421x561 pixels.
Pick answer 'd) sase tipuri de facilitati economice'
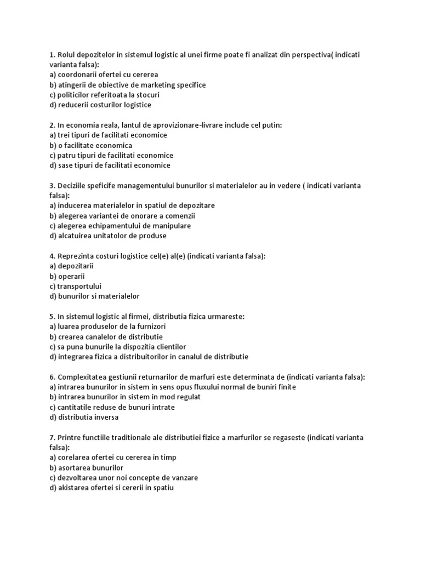pyautogui.click(x=110, y=165)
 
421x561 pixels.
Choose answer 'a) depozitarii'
pyautogui.click(x=71, y=266)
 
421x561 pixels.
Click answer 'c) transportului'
pyautogui.click(x=75, y=286)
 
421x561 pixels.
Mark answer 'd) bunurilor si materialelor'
pyautogui.click(x=94, y=296)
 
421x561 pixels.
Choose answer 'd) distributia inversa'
pyautogui.click(x=83, y=417)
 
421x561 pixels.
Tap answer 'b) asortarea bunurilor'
pyautogui.click(x=86, y=467)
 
